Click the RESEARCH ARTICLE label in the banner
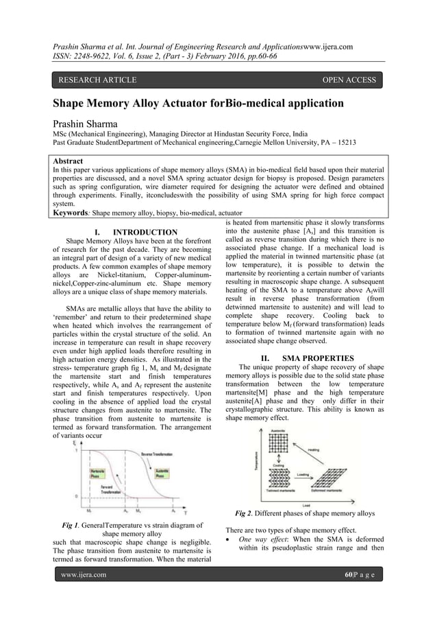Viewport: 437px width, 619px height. tap(97, 80)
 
